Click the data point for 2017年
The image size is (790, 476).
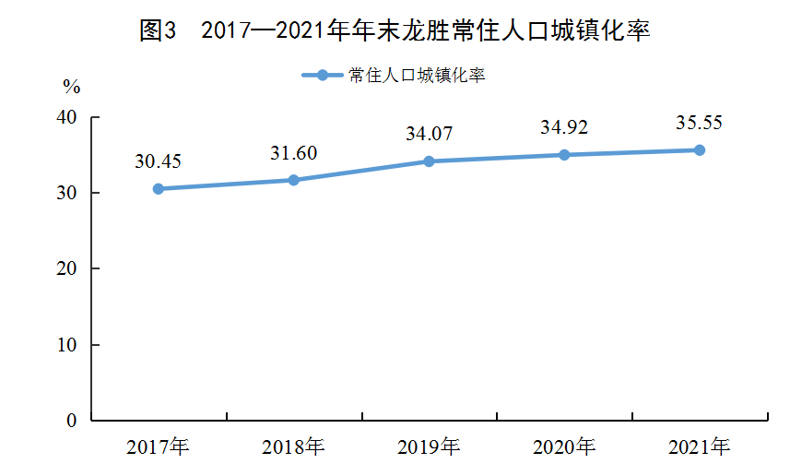[159, 188]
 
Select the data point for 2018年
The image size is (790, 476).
[294, 180]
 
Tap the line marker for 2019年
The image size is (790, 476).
[429, 161]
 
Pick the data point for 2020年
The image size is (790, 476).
[564, 155]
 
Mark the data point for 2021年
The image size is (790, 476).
[700, 150]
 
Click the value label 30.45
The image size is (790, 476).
[158, 161]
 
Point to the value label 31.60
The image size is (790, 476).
[294, 153]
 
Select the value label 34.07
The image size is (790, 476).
[430, 134]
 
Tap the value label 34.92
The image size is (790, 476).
[564, 127]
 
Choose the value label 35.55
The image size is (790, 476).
[700, 123]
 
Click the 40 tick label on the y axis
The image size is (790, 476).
[66, 117]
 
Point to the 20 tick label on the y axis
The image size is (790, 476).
[66, 268]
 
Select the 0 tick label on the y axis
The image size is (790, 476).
[72, 421]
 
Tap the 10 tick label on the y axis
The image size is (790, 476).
[66, 345]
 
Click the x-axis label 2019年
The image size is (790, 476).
[429, 446]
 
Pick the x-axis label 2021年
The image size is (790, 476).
[700, 446]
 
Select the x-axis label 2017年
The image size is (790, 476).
[158, 446]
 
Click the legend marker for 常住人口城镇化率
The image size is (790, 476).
[323, 75]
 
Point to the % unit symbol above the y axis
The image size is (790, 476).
[72, 87]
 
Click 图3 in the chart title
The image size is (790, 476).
[158, 30]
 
